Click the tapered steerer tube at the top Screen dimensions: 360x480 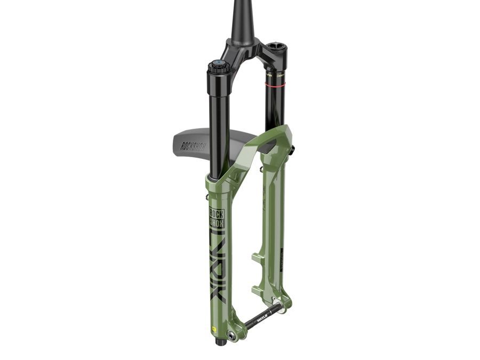click(x=240, y=21)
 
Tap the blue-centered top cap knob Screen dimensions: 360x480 click(x=218, y=66)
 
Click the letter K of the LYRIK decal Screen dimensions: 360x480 click(x=218, y=297)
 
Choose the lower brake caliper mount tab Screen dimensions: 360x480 click(x=258, y=289)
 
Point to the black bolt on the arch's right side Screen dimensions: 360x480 click(x=292, y=151)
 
